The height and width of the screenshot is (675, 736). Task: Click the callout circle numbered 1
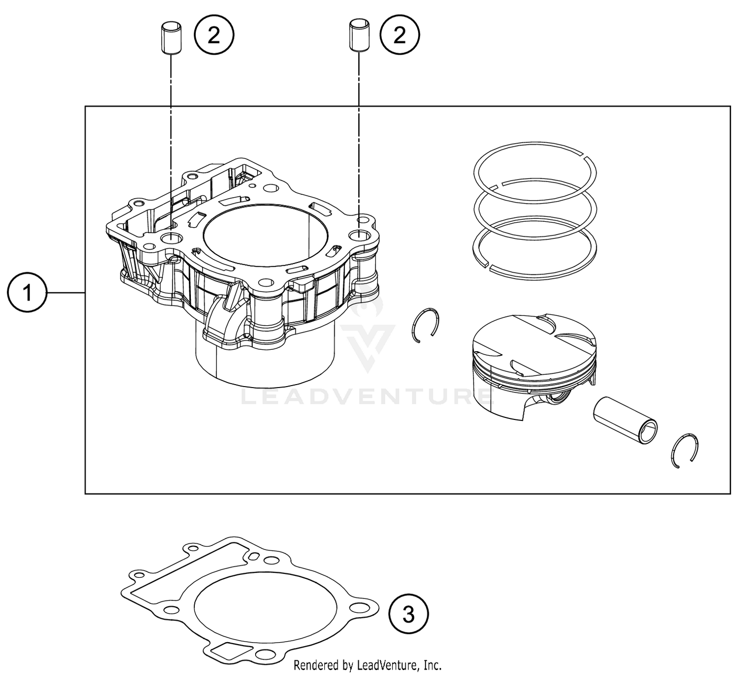coord(27,293)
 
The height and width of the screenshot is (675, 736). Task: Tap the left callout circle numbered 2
coord(214,35)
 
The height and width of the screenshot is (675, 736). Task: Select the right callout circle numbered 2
coord(400,35)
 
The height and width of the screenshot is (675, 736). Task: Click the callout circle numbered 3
coord(409,614)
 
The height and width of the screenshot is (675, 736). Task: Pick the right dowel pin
coord(359,36)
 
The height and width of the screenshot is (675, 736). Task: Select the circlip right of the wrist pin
coord(684,450)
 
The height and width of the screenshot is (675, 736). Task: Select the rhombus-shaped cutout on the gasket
coord(226,650)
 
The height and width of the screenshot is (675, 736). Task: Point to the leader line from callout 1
coord(66,293)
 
